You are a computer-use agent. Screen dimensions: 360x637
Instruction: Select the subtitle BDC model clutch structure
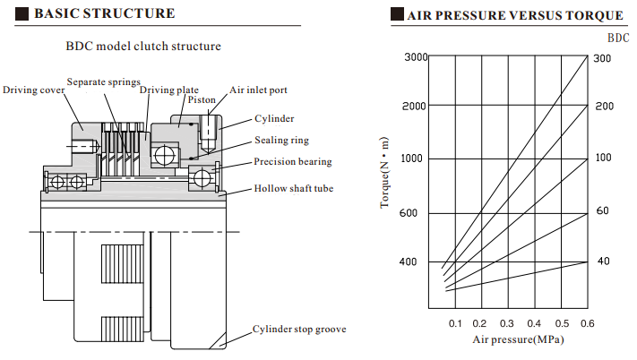click(x=143, y=46)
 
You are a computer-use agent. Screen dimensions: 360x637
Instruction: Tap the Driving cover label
click(x=33, y=90)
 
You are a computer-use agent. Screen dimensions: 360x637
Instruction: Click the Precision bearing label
click(x=292, y=161)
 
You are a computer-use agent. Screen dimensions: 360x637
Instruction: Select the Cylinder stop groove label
click(x=298, y=329)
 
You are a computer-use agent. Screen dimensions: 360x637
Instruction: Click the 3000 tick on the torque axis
click(x=416, y=57)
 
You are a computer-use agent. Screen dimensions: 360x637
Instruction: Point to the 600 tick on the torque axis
click(x=419, y=213)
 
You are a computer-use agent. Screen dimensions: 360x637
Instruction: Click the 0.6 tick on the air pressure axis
click(x=588, y=323)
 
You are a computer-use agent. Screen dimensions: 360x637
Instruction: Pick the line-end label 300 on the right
click(x=603, y=58)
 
